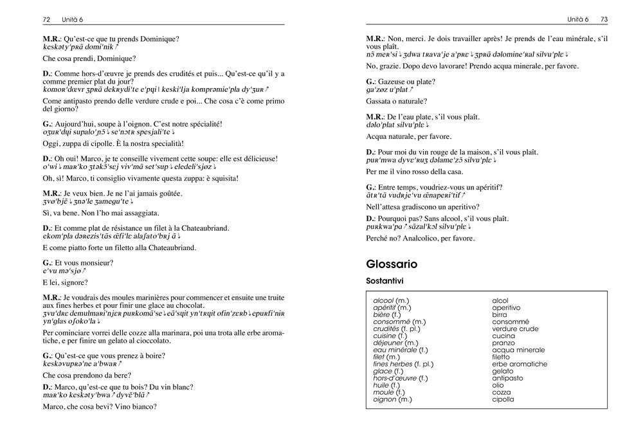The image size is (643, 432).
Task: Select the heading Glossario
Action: click(x=391, y=264)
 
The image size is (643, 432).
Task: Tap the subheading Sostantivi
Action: click(x=385, y=281)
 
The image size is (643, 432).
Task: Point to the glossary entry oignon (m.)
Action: click(x=392, y=399)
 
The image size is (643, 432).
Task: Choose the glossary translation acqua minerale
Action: click(x=518, y=350)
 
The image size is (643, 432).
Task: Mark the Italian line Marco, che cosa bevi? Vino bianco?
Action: click(x=100, y=406)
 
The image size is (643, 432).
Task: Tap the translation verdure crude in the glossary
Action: click(x=515, y=328)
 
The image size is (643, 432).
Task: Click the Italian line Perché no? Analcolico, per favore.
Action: click(x=420, y=238)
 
